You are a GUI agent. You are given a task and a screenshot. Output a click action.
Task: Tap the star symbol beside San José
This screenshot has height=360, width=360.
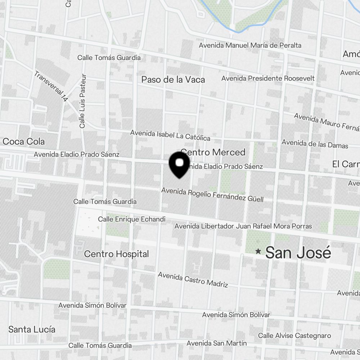258,251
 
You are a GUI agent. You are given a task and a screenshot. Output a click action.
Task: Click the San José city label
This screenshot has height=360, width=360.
298,253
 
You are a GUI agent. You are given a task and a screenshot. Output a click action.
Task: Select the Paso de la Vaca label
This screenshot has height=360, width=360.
173,80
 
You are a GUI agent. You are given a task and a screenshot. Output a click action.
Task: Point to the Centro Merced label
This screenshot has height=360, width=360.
213,152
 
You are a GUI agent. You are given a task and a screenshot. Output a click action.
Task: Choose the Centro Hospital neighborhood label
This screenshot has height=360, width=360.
116,254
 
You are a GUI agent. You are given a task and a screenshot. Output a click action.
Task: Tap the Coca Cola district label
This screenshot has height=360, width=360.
23,141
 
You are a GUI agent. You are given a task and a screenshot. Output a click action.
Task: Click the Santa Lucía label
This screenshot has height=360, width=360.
32,329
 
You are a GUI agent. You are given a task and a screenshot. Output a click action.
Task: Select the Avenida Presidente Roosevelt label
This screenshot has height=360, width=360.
268,78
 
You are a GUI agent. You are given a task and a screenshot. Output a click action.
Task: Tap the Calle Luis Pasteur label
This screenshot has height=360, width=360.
83,101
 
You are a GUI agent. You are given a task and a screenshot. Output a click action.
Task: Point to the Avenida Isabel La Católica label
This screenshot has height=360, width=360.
170,135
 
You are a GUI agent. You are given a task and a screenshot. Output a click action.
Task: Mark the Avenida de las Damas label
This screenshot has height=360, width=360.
315,144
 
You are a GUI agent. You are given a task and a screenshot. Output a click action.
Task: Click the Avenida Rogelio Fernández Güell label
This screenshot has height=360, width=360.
212,194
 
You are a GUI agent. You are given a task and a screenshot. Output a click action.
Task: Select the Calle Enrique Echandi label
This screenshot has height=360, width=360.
132,219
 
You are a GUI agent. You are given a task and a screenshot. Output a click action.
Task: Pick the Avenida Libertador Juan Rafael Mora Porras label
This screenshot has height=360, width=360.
243,226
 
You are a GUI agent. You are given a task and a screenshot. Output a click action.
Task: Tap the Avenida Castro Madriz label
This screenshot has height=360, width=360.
193,279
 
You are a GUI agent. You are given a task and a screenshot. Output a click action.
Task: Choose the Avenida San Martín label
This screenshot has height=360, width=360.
217,343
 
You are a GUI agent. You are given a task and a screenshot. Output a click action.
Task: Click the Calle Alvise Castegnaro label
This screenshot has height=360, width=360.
294,336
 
